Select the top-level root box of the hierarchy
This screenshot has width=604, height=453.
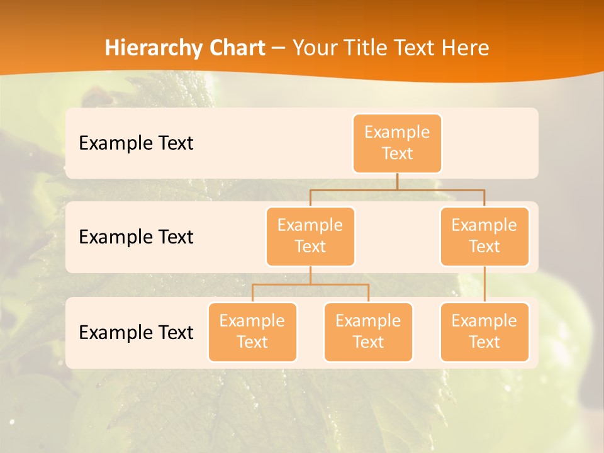coord(397,143)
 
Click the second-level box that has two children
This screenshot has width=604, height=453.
coord(310,237)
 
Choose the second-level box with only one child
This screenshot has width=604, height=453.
coord(484,237)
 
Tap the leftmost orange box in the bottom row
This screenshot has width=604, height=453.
coord(252,332)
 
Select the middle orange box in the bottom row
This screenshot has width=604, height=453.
coord(368,332)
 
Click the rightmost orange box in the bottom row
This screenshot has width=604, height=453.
coord(484,332)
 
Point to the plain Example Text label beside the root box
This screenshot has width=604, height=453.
coord(136,143)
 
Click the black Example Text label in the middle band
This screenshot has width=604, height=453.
coord(136,237)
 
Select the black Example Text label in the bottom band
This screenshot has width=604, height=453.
coord(136,333)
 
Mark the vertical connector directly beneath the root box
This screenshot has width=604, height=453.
coord(397,181)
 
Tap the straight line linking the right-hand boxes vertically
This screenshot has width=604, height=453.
coord(484,284)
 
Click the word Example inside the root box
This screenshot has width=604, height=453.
coord(397,132)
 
